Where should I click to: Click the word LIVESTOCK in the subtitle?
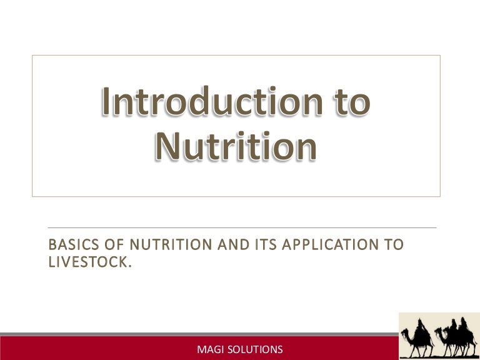pyautogui.click(x=87, y=262)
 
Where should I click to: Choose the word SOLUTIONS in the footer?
pyautogui.click(x=254, y=349)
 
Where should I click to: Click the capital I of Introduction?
pyautogui.click(x=107, y=102)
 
